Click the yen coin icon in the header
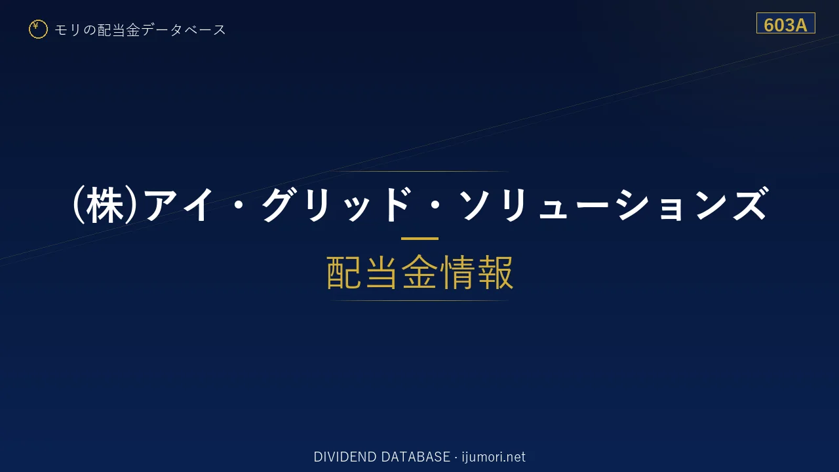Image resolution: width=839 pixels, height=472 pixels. pos(38,29)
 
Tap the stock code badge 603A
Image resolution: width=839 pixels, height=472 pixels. pos(785,23)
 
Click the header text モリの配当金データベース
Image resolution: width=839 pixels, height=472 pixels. pos(140,30)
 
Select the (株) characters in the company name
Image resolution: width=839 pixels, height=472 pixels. pos(104,205)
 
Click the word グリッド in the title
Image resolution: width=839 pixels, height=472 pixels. pos(337,205)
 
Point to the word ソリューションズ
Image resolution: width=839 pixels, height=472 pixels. pos(614,205)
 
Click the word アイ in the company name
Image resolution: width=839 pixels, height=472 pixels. pos(179,205)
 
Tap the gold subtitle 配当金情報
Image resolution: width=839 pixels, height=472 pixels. pos(420,273)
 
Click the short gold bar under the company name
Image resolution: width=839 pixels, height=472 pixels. pos(419,238)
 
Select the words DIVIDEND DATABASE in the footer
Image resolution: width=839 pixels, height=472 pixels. pos(381,457)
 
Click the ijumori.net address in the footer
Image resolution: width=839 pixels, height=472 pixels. pos(494,457)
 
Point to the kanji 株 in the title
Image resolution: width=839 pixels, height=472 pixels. pos(104,205)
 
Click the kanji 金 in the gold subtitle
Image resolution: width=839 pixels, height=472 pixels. pos(419,273)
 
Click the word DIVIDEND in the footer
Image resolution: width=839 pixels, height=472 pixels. pos(345,457)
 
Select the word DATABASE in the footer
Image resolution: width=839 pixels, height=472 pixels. pos(416,457)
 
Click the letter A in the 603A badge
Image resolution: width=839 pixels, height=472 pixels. pos(800,26)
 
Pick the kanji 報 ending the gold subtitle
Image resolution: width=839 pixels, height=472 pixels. pos(495,273)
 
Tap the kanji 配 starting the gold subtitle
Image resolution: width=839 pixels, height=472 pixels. pos(345,273)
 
